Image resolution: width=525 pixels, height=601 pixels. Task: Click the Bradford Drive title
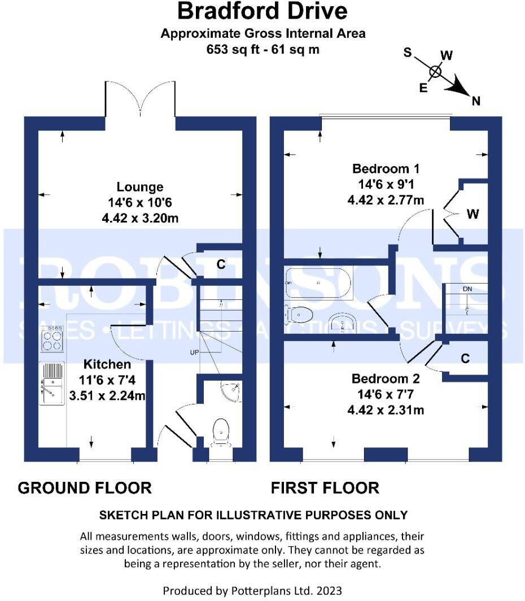coord(262,11)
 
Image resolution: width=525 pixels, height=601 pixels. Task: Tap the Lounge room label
coord(140,187)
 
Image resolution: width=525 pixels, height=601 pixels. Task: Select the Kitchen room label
coord(107,364)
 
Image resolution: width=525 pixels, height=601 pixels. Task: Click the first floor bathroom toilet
coord(300,314)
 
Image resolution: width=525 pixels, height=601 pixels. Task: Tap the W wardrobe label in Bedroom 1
coord(473,214)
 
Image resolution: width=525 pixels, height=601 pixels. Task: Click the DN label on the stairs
coord(467,289)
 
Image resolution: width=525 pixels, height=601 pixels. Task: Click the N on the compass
coord(476,101)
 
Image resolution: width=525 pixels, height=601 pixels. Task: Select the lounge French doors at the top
coord(140,102)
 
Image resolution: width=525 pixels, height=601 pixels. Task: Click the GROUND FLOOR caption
coord(85,487)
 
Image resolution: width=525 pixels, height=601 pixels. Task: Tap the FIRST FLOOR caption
coord(325,487)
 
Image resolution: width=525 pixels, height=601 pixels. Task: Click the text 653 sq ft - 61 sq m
coord(262,49)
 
